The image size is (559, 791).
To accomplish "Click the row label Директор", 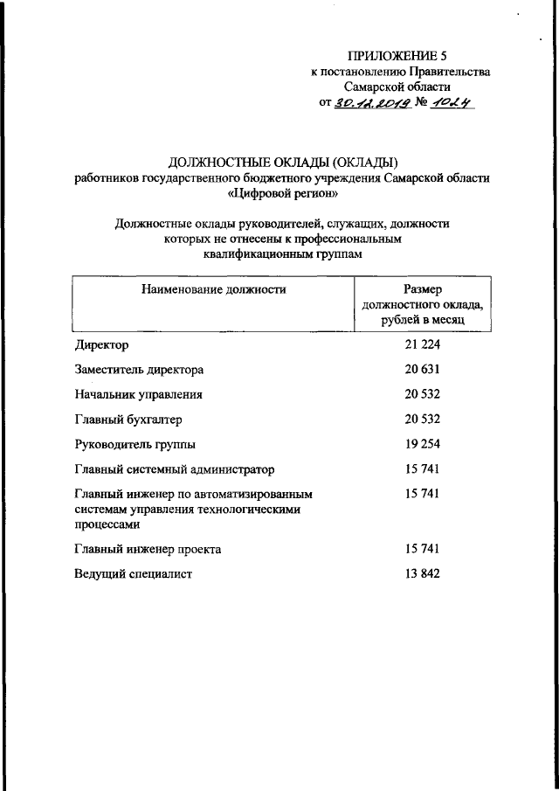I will [x=102, y=345].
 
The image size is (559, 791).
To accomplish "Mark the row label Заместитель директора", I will [x=140, y=370].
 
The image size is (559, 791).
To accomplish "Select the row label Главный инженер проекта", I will [x=148, y=550].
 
